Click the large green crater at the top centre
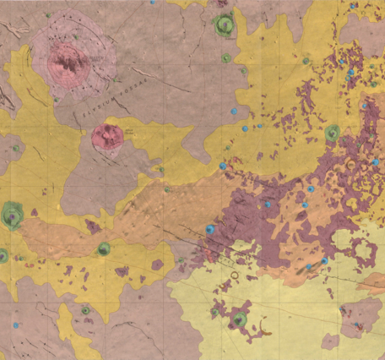[223, 25]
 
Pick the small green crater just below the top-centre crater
[225, 58]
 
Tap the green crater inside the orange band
[103, 249]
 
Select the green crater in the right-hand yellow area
[332, 133]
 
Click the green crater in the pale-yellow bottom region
[240, 319]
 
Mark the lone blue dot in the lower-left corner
[14, 325]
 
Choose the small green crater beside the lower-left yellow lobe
[86, 311]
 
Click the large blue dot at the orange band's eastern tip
[209, 230]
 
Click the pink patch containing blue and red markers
[361, 325]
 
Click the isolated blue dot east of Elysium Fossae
[234, 111]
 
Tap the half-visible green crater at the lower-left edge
[3, 255]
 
